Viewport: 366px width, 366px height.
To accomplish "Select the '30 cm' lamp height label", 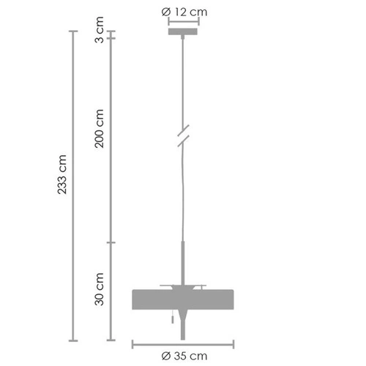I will [x=100, y=289].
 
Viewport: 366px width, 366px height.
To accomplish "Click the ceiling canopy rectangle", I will [x=182, y=31].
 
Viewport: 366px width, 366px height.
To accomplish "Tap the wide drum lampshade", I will [x=182, y=299].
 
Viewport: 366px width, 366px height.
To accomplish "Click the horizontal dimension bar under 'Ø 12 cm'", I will [x=183, y=22].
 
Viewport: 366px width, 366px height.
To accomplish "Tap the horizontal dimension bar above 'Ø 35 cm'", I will [x=183, y=343].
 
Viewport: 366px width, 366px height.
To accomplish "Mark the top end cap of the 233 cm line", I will [x=72, y=31].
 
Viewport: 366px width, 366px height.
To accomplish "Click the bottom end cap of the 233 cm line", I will [x=72, y=340].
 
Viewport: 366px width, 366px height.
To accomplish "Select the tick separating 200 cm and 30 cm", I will [x=111, y=242].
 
